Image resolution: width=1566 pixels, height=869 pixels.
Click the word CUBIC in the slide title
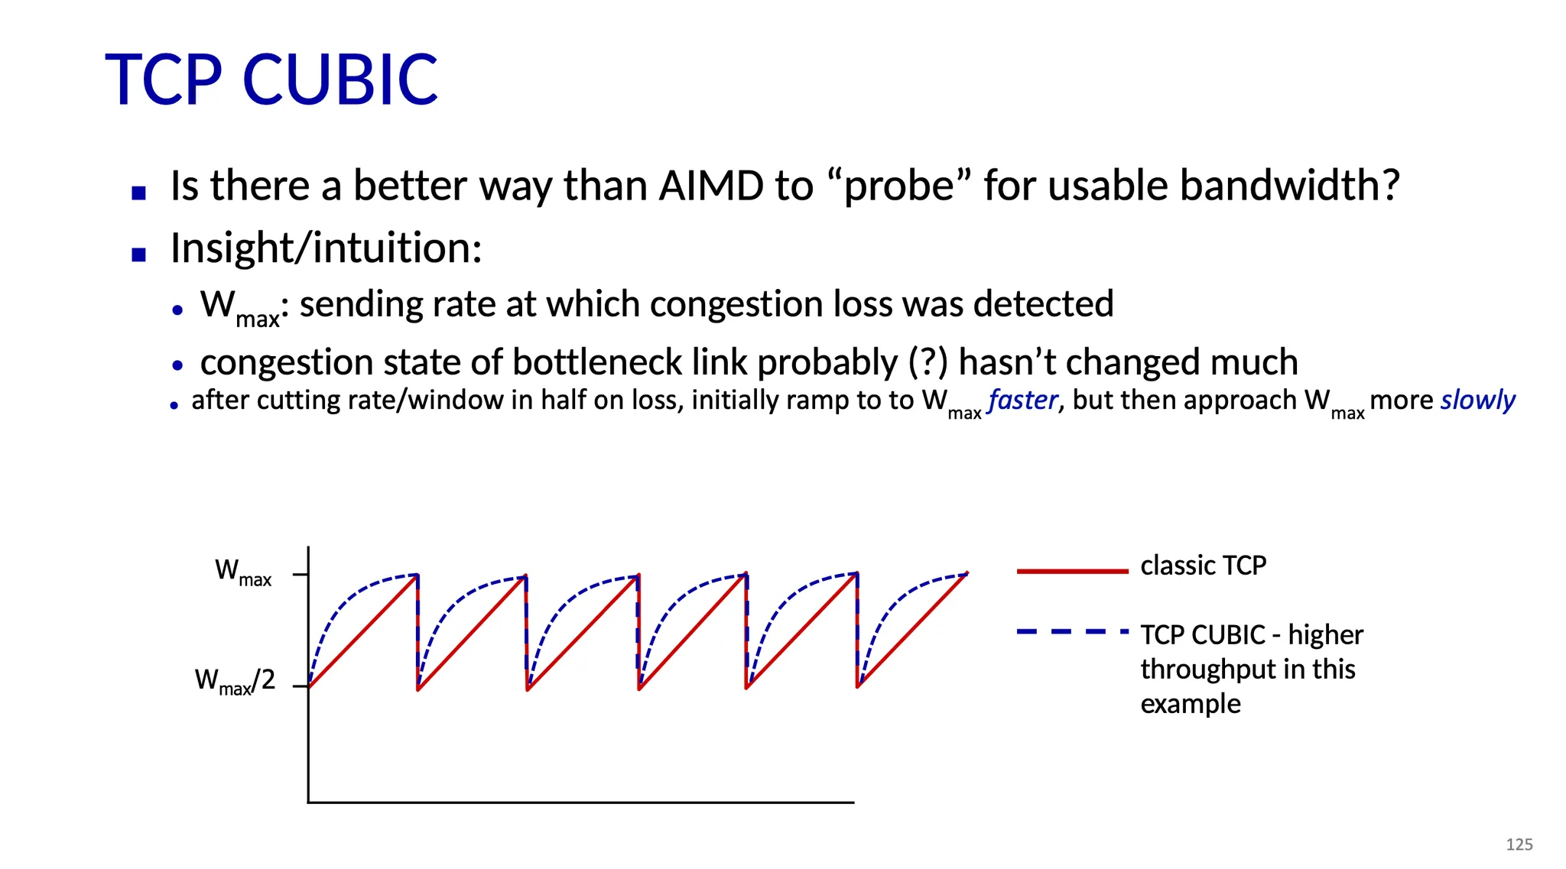tap(340, 79)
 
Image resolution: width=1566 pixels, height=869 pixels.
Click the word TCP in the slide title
tap(164, 79)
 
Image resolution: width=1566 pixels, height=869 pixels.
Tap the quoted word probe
tap(899, 187)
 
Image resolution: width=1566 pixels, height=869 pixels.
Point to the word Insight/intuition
tap(327, 248)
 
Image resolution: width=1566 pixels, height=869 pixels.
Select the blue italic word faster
tap(1023, 400)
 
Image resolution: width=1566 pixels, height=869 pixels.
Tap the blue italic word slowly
tap(1478, 400)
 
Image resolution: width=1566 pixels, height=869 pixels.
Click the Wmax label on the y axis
tap(243, 572)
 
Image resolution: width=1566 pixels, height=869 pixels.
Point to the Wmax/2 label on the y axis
tap(235, 681)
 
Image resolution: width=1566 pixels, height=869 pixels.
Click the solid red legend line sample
tap(1072, 571)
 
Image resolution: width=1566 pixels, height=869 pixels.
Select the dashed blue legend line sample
tap(1072, 631)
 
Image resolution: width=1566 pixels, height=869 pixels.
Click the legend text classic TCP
tap(1203, 566)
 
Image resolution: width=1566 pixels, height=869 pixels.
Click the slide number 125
tap(1519, 844)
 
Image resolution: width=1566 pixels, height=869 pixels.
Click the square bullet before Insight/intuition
tap(138, 255)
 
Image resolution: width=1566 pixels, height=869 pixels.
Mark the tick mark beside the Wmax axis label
tap(301, 574)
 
